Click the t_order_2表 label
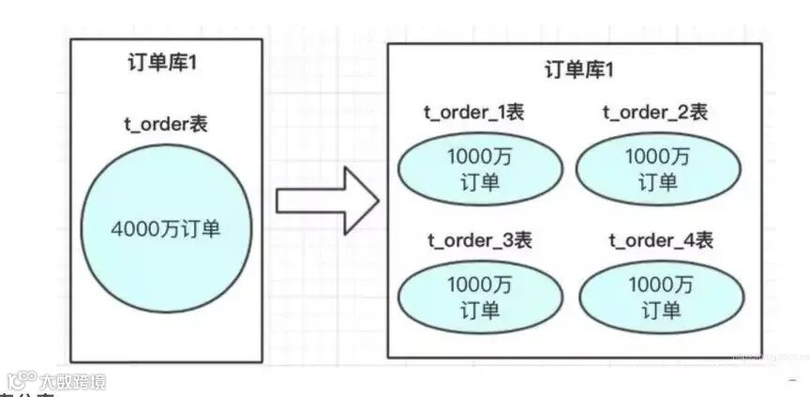(654, 113)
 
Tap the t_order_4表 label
(661, 239)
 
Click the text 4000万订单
(166, 228)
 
